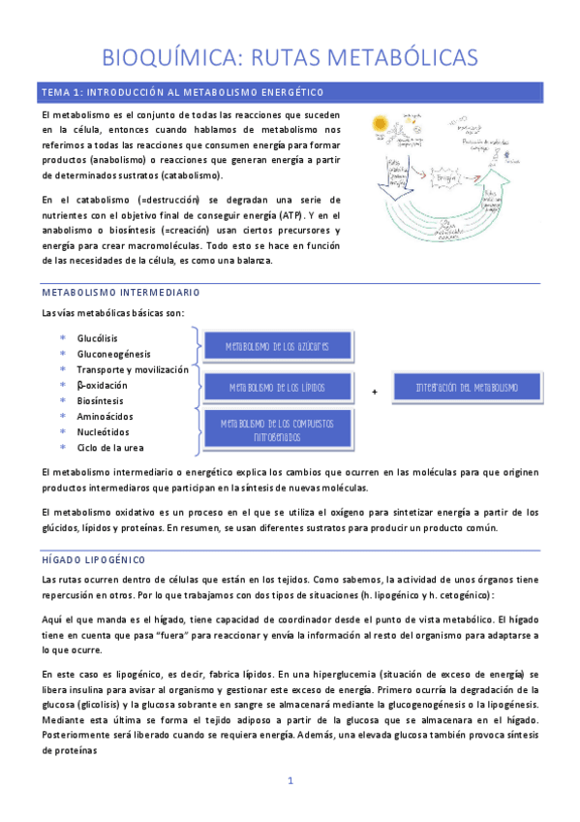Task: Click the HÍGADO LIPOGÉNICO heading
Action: [93, 559]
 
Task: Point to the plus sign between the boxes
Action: [375, 391]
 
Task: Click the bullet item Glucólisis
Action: [97, 338]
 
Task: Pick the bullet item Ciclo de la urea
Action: [110, 447]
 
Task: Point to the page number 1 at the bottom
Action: [290, 780]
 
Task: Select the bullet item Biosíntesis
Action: [101, 400]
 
